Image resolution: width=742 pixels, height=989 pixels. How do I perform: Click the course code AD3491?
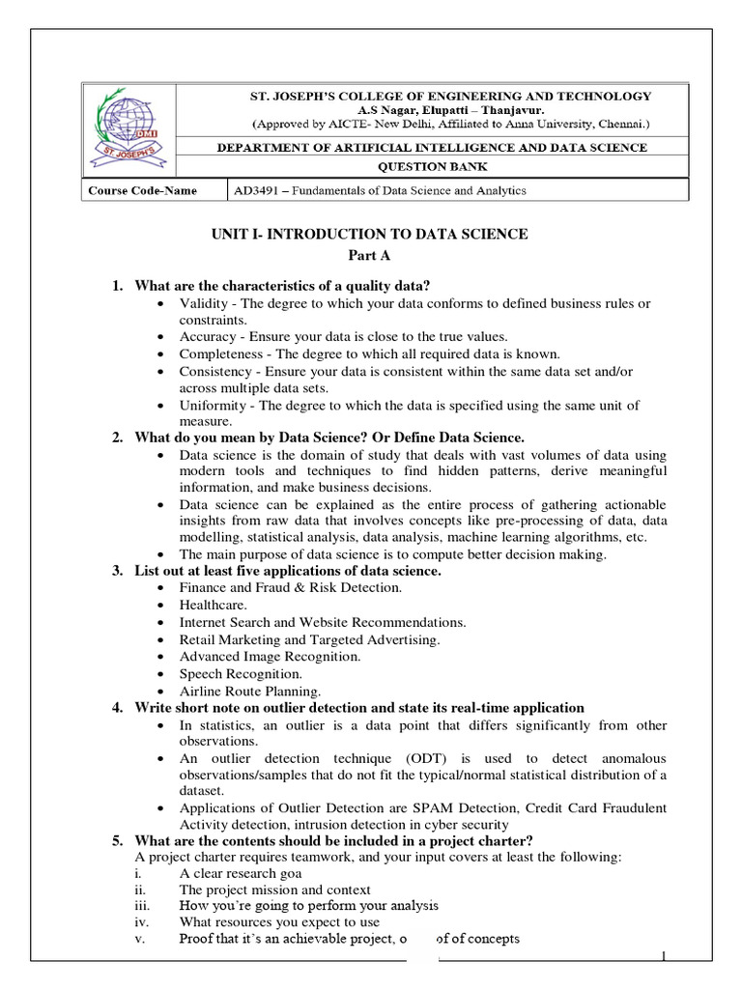click(x=254, y=190)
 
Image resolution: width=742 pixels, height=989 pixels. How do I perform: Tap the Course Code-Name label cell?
click(x=143, y=190)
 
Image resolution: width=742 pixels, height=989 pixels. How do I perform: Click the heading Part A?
click(x=370, y=256)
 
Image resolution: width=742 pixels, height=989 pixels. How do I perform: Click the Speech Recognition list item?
click(x=241, y=673)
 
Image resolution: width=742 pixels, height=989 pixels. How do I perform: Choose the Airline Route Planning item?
click(x=249, y=691)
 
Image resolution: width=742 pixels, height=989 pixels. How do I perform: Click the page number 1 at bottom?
click(x=665, y=956)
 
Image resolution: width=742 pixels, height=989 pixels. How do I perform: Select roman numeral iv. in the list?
click(x=141, y=921)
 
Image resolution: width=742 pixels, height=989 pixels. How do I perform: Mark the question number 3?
click(x=116, y=571)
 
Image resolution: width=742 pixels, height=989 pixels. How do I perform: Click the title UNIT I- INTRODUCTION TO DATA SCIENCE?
click(x=370, y=234)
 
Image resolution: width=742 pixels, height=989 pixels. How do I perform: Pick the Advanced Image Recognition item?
click(x=256, y=656)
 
